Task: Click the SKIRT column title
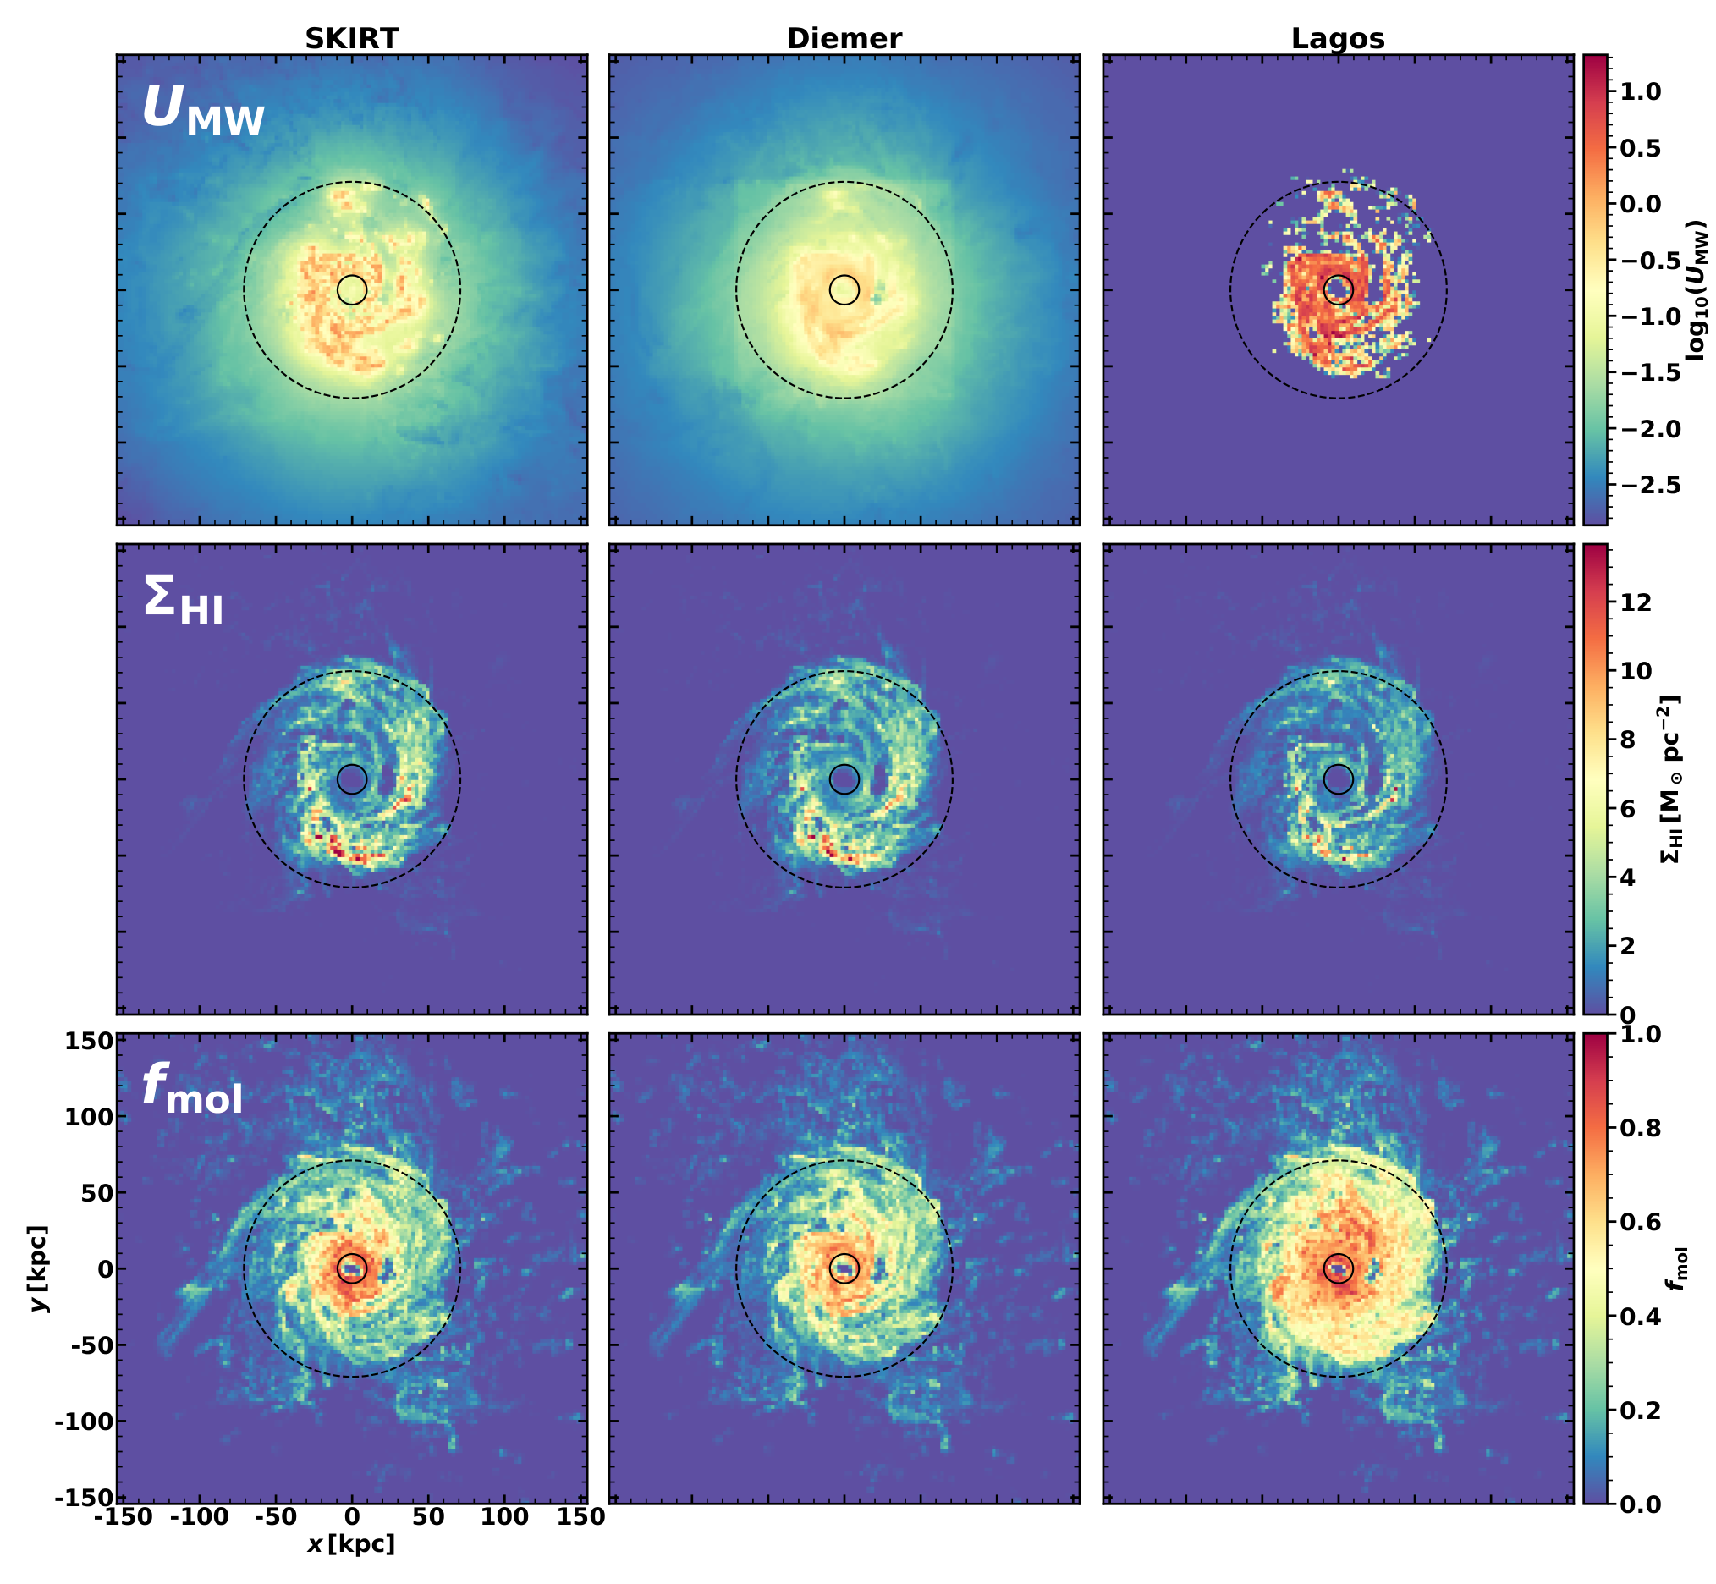coord(352,39)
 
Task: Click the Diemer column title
coord(844,39)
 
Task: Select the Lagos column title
coord(1338,39)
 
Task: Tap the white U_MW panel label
coord(203,111)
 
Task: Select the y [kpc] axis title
coord(38,1268)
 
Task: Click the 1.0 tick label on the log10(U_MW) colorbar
coord(1642,91)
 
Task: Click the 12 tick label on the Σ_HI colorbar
coord(1636,602)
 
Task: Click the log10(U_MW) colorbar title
coord(1694,289)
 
